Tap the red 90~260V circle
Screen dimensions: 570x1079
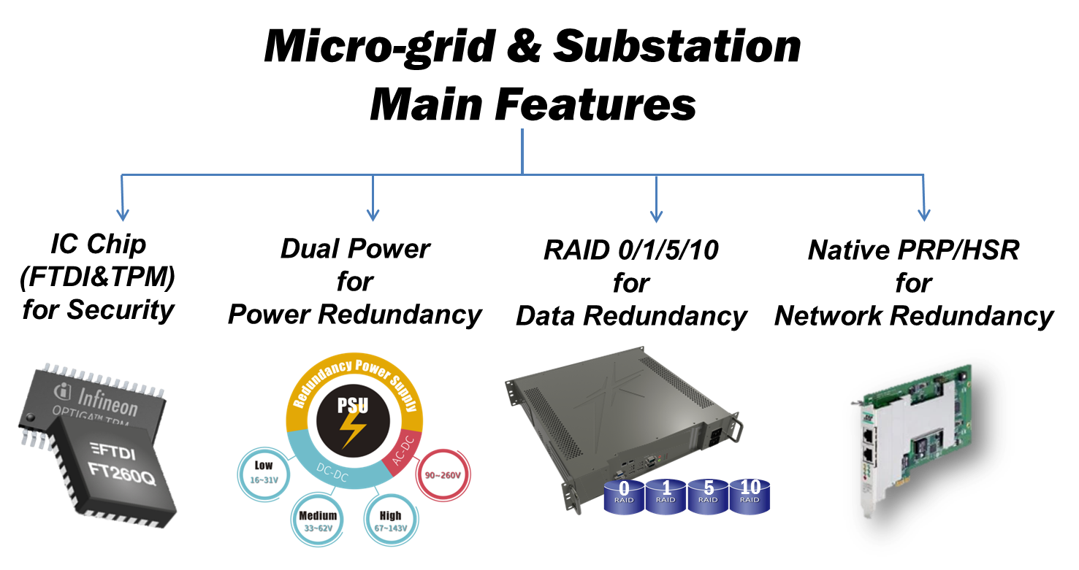442,474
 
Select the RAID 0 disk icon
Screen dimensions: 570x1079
624,495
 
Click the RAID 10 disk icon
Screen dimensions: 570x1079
750,494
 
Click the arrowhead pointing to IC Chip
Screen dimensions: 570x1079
122,214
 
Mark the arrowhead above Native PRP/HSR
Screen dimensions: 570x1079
923,214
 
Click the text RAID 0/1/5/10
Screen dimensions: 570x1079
630,250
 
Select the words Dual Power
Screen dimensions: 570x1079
355,250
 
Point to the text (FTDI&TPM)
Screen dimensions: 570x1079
99,277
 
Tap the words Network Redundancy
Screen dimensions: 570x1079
914,316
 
